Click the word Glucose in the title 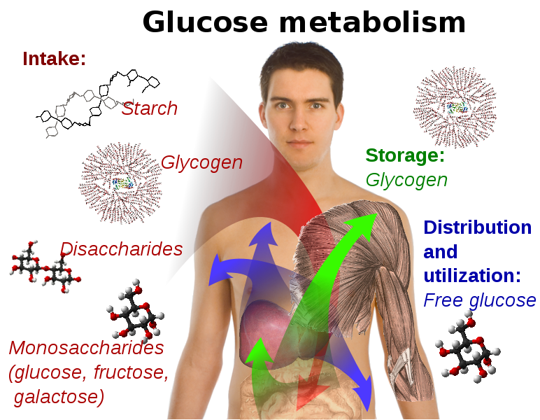click(205, 22)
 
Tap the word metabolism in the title click(372, 22)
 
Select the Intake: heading click(54, 59)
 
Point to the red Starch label click(150, 108)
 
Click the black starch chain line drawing click(97, 104)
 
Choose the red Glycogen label click(201, 162)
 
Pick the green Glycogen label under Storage click(406, 180)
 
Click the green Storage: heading click(405, 155)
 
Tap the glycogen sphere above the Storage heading click(455, 107)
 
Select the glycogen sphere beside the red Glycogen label click(120, 183)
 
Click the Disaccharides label click(121, 248)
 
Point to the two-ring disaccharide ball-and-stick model click(45, 267)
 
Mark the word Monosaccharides click(86, 348)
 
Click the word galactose click(59, 397)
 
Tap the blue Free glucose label click(480, 300)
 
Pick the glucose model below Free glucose click(467, 347)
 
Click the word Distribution click(477, 227)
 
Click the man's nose click(298, 122)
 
